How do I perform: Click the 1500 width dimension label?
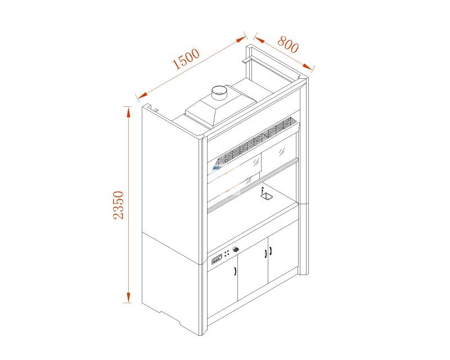[186, 59]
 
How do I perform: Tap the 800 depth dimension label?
[288, 44]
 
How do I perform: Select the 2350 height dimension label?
[119, 205]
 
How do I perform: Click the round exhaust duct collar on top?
[219, 92]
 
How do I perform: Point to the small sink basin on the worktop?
[266, 196]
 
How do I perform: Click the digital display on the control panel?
[217, 259]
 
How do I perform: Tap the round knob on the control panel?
[236, 249]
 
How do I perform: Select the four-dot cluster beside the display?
[227, 254]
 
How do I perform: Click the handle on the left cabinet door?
[235, 271]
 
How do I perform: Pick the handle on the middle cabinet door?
[265, 253]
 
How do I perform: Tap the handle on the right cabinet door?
[271, 251]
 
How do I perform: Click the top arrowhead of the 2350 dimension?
[128, 112]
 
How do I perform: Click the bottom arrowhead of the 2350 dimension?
[128, 298]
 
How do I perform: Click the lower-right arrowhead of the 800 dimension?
[308, 66]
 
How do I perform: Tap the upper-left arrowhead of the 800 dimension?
[259, 39]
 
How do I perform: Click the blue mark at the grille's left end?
[217, 168]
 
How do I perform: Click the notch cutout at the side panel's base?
[170, 317]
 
